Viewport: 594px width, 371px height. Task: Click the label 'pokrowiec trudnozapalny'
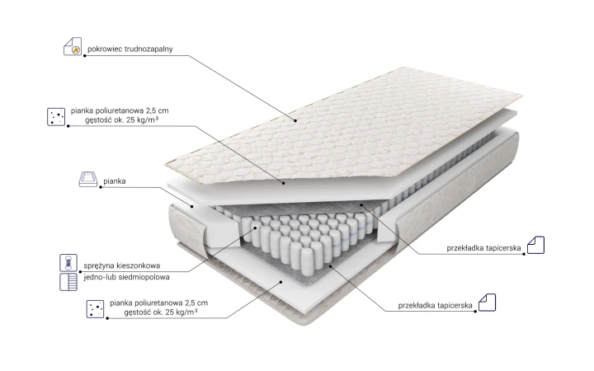point(130,49)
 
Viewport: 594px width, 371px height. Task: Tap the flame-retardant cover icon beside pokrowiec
point(73,46)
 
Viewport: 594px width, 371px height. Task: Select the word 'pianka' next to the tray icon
point(115,181)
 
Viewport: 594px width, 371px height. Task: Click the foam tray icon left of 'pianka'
point(88,180)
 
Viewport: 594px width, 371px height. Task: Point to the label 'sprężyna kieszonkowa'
point(122,265)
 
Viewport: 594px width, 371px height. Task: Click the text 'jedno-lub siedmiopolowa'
point(126,277)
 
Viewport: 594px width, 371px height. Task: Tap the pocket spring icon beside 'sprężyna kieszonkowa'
point(68,263)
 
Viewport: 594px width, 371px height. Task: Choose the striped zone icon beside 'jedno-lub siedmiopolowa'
point(68,282)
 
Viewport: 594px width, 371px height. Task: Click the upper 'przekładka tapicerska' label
point(483,248)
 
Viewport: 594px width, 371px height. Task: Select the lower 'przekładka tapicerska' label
point(436,306)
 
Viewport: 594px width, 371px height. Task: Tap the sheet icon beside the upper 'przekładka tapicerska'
point(535,245)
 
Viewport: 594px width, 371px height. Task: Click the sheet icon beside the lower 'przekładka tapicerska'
point(488,303)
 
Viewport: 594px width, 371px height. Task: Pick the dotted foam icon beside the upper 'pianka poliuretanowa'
point(56,116)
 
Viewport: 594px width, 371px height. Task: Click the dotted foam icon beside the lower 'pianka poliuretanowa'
point(95,308)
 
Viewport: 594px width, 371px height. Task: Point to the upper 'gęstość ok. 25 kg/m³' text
point(121,120)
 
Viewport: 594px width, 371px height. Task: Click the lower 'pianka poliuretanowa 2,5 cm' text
point(159,303)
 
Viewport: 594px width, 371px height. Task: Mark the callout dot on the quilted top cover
point(296,120)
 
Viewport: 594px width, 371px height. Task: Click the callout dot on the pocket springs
point(255,228)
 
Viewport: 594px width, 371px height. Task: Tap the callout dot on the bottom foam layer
point(281,282)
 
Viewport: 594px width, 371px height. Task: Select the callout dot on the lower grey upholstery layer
point(330,265)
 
